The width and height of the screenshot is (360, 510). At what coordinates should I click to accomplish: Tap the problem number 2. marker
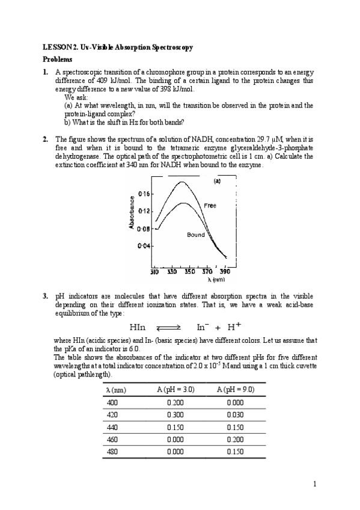pyautogui.click(x=46, y=139)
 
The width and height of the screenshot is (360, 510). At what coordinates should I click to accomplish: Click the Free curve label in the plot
pyautogui.click(x=210, y=206)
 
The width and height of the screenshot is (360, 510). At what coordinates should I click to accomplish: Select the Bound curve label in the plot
pyautogui.click(x=195, y=235)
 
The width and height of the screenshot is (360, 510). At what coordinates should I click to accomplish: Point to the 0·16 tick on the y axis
pyautogui.click(x=144, y=194)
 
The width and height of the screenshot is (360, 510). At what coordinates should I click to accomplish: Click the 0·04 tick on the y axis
pyautogui.click(x=144, y=245)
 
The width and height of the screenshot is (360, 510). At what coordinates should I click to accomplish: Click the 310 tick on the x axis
pyautogui.click(x=154, y=272)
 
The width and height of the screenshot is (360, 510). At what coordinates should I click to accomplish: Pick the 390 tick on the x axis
pyautogui.click(x=225, y=272)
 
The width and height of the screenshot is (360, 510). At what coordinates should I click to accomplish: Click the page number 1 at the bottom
pyautogui.click(x=315, y=484)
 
